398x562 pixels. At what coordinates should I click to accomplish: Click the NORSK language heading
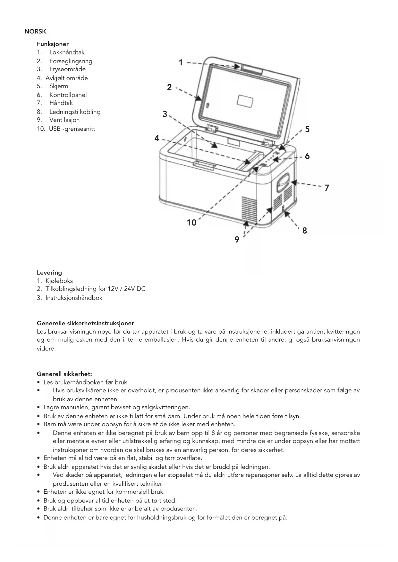pyautogui.click(x=35, y=31)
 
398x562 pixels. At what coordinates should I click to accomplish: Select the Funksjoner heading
pyautogui.click(x=53, y=44)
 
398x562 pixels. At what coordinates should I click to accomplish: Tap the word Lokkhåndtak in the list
pyautogui.click(x=67, y=52)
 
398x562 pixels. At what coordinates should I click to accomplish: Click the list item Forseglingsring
pyautogui.click(x=71, y=61)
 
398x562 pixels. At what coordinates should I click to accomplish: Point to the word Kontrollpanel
pyautogui.click(x=68, y=95)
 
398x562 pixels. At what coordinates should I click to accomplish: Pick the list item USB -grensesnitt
pyautogui.click(x=72, y=129)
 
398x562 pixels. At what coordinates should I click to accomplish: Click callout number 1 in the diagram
pyautogui.click(x=181, y=62)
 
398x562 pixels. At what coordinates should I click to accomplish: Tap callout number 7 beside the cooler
pyautogui.click(x=326, y=187)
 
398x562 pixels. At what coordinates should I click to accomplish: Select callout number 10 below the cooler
pyautogui.click(x=191, y=222)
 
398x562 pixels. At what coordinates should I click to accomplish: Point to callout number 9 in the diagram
pyautogui.click(x=237, y=239)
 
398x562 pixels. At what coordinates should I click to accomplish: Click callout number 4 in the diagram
pyautogui.click(x=157, y=138)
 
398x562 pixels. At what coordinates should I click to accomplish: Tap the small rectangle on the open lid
pyautogui.click(x=245, y=101)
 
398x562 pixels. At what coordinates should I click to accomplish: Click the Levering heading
pyautogui.click(x=49, y=273)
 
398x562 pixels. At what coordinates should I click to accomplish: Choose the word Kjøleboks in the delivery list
pyautogui.click(x=59, y=281)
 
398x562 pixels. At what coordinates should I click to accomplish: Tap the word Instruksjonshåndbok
pyautogui.click(x=74, y=298)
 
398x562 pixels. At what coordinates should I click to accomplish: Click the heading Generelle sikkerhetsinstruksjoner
pyautogui.click(x=85, y=323)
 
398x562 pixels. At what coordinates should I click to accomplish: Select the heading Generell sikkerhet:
pyautogui.click(x=64, y=374)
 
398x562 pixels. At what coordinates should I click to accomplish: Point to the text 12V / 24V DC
pyautogui.click(x=126, y=289)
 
